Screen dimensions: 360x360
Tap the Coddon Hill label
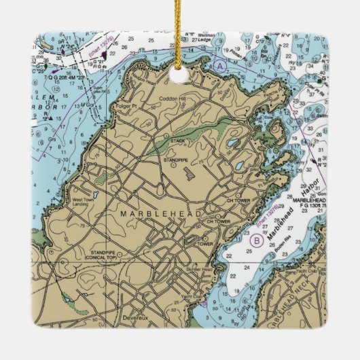172,98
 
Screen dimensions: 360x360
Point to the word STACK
178,141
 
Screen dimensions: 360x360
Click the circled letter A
219,66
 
